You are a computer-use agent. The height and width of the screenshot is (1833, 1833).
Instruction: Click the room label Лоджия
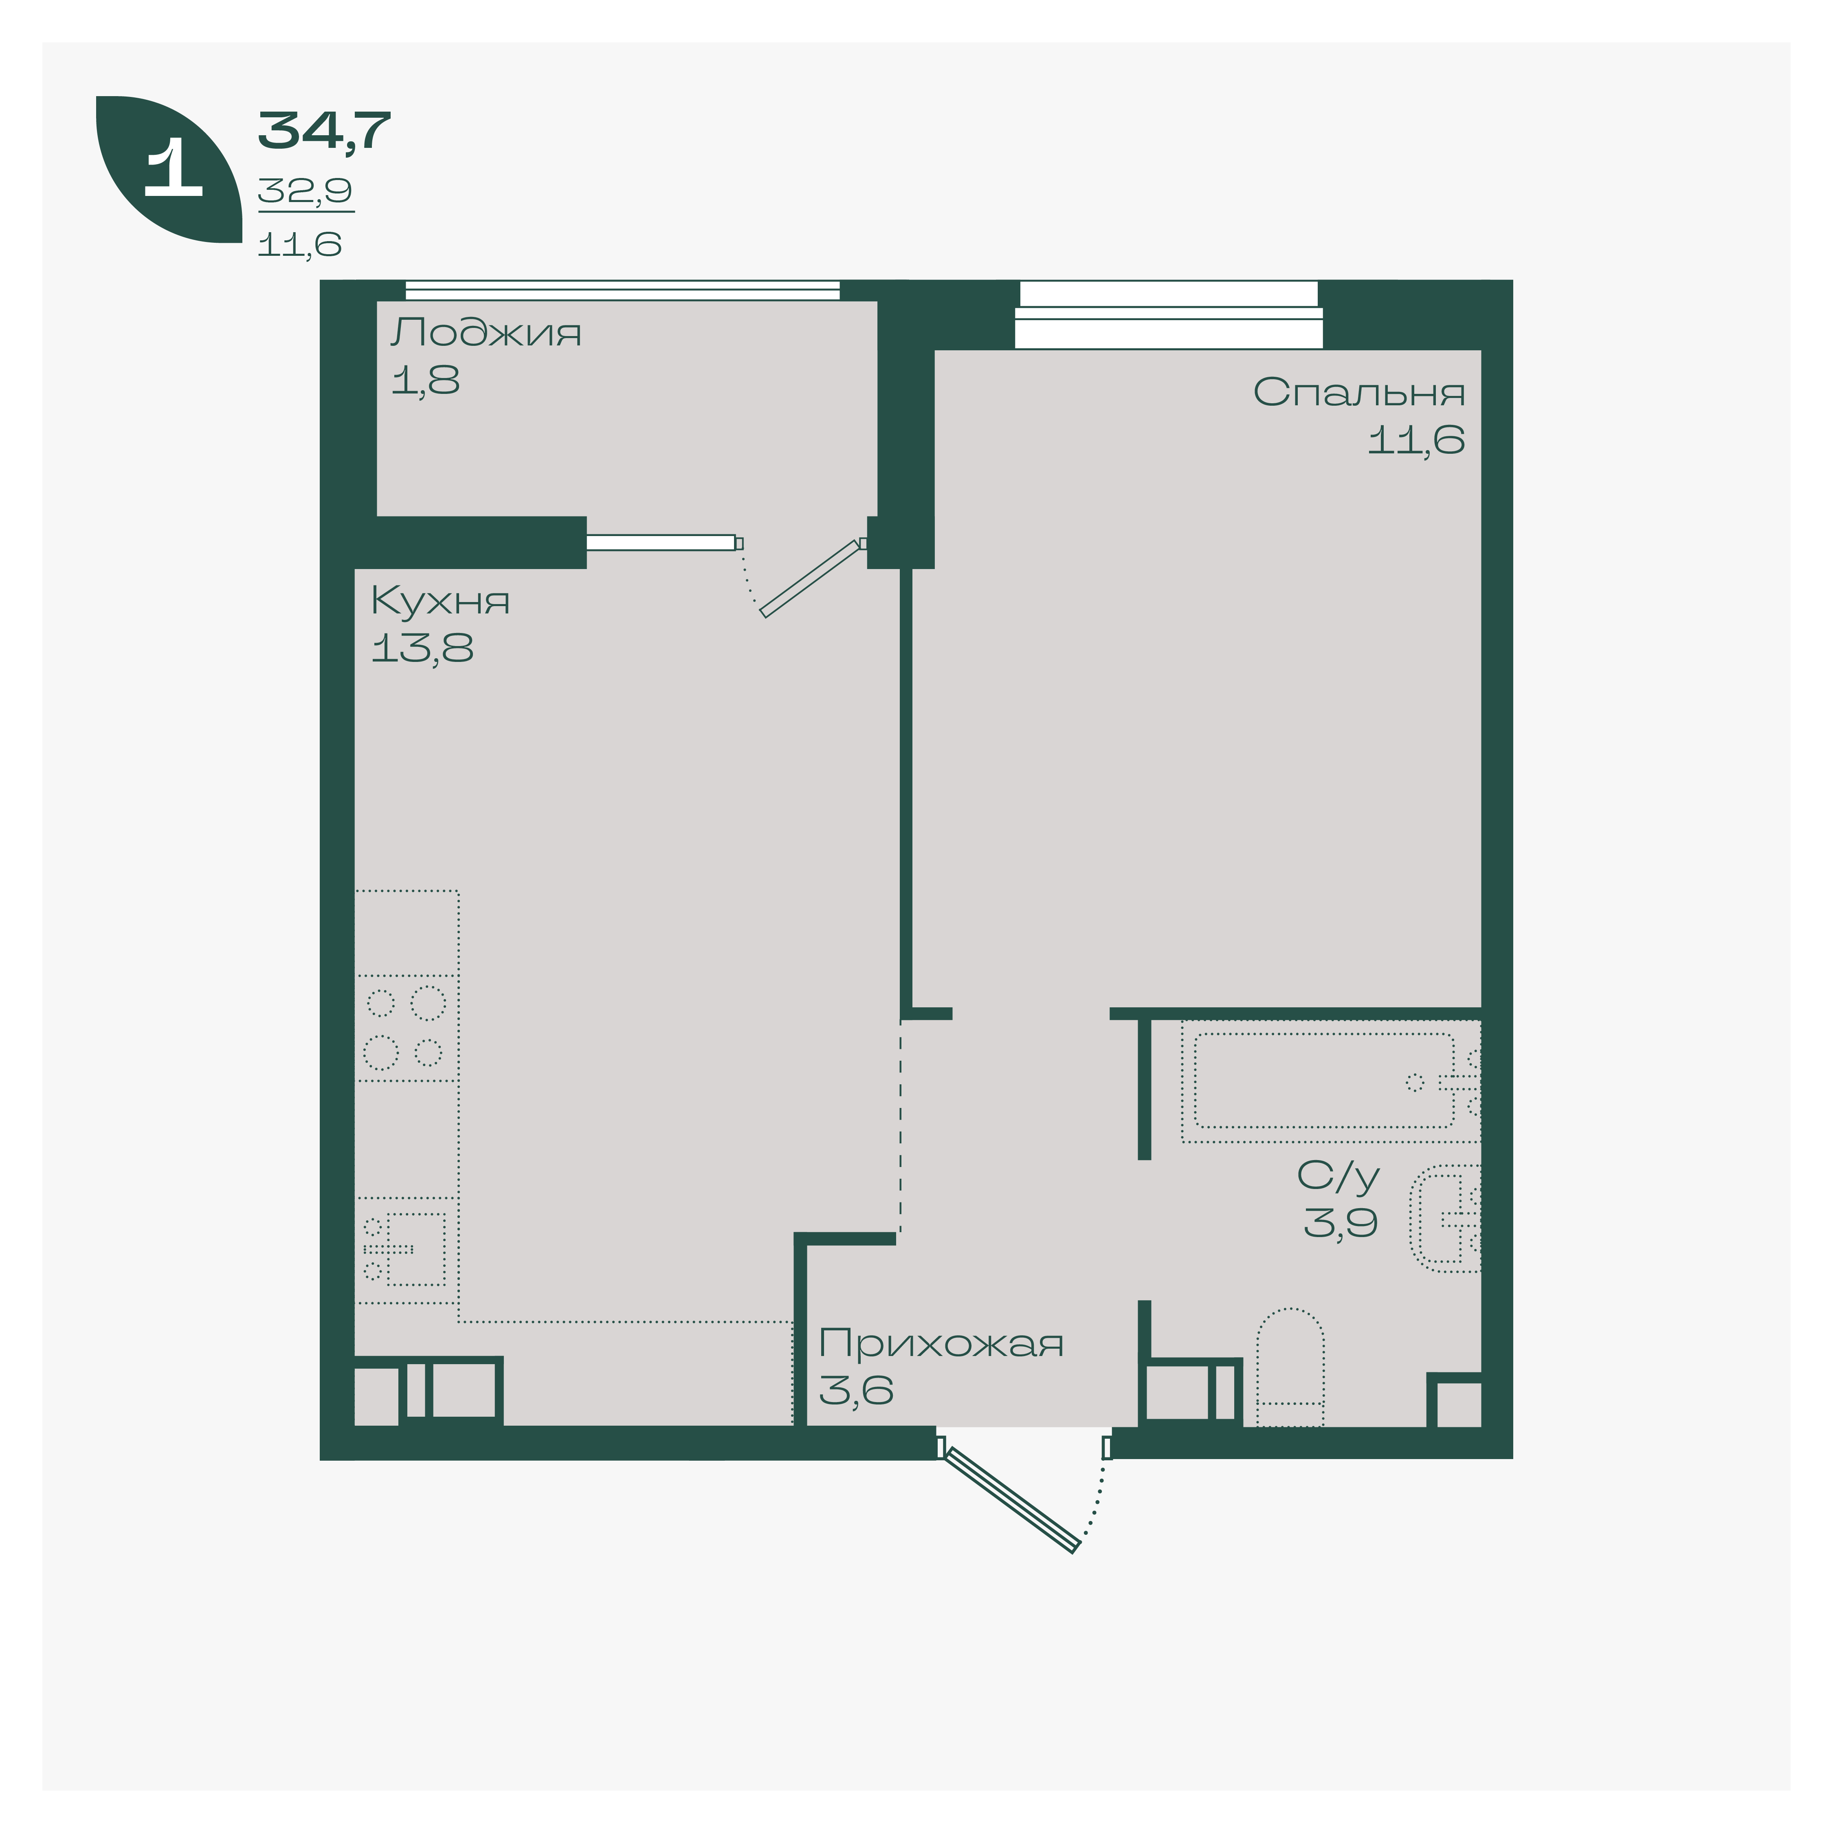point(486,333)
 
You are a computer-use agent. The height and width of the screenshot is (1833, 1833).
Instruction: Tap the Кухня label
point(440,600)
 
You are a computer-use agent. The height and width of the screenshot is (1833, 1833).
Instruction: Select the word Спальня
point(1358,392)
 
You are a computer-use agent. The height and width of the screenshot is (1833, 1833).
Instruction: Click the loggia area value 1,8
point(425,380)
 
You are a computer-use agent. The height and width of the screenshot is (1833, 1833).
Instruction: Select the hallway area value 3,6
point(856,1391)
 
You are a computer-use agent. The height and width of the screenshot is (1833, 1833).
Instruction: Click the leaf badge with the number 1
point(169,169)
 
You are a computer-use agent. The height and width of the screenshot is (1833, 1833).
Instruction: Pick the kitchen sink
point(406,1250)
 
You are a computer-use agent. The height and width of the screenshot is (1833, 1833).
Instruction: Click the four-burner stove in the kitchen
point(406,1028)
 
